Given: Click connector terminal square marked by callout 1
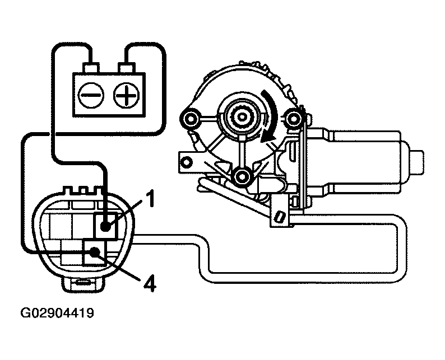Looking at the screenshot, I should tap(105, 226).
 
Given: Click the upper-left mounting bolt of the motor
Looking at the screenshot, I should tap(190, 118).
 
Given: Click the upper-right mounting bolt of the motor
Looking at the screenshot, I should tap(295, 118).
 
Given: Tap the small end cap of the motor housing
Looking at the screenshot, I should tap(417, 160).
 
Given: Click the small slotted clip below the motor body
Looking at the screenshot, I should tap(279, 216).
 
